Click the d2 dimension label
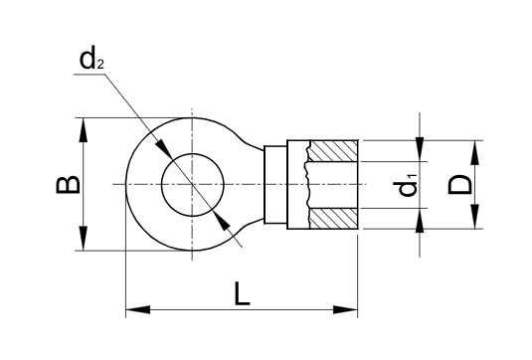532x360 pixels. (91, 60)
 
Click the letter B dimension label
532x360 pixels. (69, 185)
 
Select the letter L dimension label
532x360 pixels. (242, 294)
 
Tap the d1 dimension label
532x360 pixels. (406, 185)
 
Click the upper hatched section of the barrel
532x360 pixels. (334, 150)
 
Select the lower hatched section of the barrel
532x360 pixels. (334, 219)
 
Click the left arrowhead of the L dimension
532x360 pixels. (138, 309)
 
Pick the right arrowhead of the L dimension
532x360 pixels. (345, 309)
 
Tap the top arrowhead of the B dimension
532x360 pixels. (84, 130)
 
